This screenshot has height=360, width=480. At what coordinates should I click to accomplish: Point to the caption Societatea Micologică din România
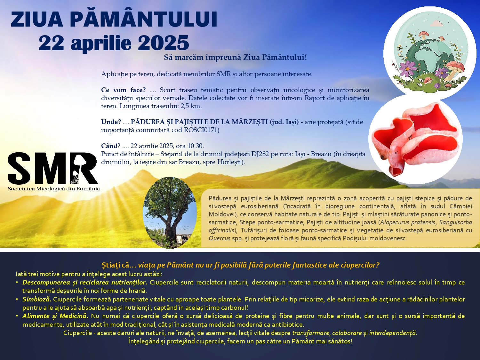[x=54, y=189]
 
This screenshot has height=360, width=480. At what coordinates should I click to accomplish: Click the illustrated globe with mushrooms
[x=430, y=53]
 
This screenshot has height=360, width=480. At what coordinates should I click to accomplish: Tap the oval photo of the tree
[x=170, y=213]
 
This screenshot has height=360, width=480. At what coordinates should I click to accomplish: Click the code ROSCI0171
[x=201, y=130]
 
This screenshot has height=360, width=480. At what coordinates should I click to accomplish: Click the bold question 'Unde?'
[x=111, y=122]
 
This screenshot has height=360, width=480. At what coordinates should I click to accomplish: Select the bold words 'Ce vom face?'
[x=123, y=90]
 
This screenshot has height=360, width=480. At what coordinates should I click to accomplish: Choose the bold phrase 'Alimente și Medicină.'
[x=55, y=316]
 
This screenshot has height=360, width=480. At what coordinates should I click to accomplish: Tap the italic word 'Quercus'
[x=220, y=238]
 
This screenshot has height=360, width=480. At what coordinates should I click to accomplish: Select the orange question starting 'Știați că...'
[x=240, y=265]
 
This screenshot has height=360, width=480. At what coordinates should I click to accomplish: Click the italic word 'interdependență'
[x=393, y=333]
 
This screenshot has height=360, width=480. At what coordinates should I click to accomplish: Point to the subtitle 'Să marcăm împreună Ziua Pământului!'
[x=235, y=57]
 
